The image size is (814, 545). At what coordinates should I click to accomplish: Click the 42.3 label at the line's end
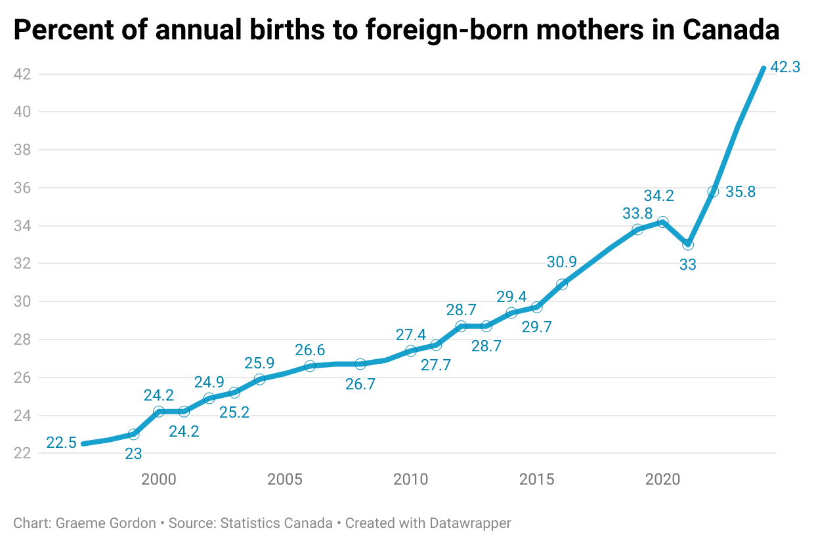coord(785,68)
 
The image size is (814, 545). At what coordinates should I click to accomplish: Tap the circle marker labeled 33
coord(687,244)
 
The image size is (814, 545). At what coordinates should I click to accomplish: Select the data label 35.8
coord(740,192)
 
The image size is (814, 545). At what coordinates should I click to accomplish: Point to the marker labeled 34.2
coord(662,222)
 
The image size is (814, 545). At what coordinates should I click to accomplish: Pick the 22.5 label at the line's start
coord(61,443)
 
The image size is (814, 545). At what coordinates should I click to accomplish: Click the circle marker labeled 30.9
coord(561,284)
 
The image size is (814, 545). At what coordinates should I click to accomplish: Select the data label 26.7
coord(360,385)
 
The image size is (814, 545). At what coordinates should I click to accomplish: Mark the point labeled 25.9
coord(259,379)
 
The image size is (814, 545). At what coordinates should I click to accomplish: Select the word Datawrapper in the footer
coord(470,523)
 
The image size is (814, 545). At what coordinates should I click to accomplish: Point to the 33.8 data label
coord(637,213)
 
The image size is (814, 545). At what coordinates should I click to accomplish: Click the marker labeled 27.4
coord(410,351)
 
